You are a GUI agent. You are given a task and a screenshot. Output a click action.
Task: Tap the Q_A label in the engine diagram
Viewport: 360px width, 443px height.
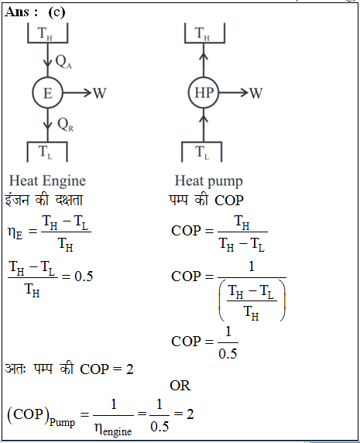click(x=63, y=62)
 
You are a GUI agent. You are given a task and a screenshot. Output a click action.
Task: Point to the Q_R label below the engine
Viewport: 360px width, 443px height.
click(x=65, y=125)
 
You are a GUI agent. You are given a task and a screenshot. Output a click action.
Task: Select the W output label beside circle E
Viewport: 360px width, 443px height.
click(x=100, y=93)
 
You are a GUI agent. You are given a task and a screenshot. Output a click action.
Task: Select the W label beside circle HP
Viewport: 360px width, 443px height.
click(x=255, y=93)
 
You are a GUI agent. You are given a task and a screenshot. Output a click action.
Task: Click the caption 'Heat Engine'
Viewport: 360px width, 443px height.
click(x=47, y=180)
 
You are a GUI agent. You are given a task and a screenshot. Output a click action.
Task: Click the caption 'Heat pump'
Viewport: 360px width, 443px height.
click(x=209, y=180)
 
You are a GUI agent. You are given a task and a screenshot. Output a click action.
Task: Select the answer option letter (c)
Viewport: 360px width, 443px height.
click(x=57, y=12)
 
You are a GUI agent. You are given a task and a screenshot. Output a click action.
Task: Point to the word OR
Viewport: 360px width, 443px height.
click(x=180, y=386)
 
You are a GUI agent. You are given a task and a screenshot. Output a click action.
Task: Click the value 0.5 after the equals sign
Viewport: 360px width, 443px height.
click(x=84, y=276)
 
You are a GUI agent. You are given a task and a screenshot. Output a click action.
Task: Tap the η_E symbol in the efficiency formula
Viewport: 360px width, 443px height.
click(x=15, y=232)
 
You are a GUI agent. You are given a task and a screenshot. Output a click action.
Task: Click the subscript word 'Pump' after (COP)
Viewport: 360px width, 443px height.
click(x=62, y=422)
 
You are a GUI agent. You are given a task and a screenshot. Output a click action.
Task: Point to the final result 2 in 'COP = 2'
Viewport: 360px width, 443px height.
click(x=129, y=369)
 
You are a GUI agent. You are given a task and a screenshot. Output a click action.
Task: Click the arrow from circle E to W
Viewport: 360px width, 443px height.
click(x=77, y=93)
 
